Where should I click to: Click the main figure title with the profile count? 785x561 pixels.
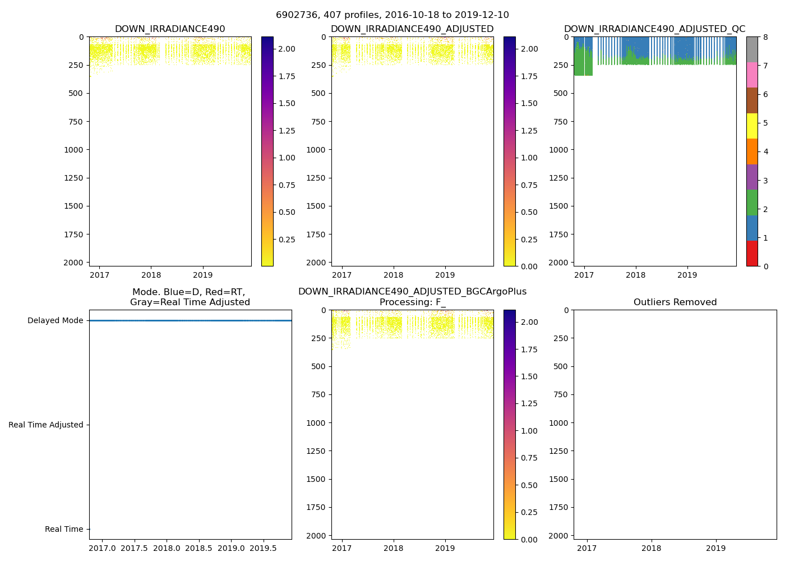point(392,15)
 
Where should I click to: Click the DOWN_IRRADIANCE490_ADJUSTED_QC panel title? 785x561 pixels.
point(654,29)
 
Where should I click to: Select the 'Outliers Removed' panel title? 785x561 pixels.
point(675,302)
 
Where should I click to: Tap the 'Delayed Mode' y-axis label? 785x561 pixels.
point(55,321)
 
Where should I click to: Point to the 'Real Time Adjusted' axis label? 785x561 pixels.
point(45,425)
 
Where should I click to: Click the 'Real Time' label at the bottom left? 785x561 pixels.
point(64,530)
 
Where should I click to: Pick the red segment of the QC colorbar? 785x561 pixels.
point(752,254)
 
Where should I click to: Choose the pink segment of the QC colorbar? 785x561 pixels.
point(752,75)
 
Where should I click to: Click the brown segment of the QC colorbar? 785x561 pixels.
point(752,100)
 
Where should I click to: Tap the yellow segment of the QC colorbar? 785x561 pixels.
point(752,126)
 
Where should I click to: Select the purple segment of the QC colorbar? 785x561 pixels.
point(752,177)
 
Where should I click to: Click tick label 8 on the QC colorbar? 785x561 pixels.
point(765,38)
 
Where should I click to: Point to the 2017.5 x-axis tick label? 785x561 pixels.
point(134,548)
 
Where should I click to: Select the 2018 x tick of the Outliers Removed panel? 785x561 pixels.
point(652,548)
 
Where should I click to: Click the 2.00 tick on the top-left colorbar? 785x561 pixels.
point(287,49)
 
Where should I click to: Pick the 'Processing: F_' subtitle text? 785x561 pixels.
point(412,302)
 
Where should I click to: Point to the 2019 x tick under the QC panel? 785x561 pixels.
point(687,275)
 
